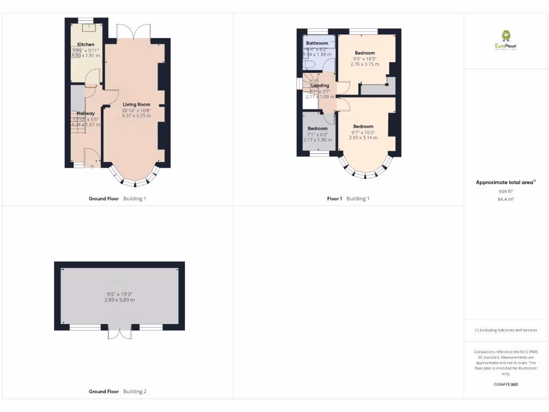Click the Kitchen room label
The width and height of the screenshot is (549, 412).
86,45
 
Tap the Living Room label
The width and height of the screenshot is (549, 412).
136,105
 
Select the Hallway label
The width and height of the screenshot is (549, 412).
85,113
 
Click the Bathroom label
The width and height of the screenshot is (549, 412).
317,43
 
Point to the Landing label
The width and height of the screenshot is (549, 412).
320,85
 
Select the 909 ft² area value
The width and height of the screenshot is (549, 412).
506,191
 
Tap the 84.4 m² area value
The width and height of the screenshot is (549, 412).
506,199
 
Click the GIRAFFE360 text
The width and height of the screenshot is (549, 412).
506,384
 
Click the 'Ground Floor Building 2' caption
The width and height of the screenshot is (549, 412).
117,392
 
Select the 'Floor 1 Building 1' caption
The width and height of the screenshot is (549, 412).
348,198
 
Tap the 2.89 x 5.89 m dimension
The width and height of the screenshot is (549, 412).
119,300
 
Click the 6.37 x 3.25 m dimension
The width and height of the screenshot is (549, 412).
136,115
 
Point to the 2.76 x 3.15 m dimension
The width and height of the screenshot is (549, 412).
365,64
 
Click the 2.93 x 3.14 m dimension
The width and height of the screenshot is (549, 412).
363,137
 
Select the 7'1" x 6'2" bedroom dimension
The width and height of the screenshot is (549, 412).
317,134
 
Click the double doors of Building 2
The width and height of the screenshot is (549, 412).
120,332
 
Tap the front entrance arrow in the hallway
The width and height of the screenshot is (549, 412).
93,166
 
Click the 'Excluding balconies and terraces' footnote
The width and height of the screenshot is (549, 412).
506,330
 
